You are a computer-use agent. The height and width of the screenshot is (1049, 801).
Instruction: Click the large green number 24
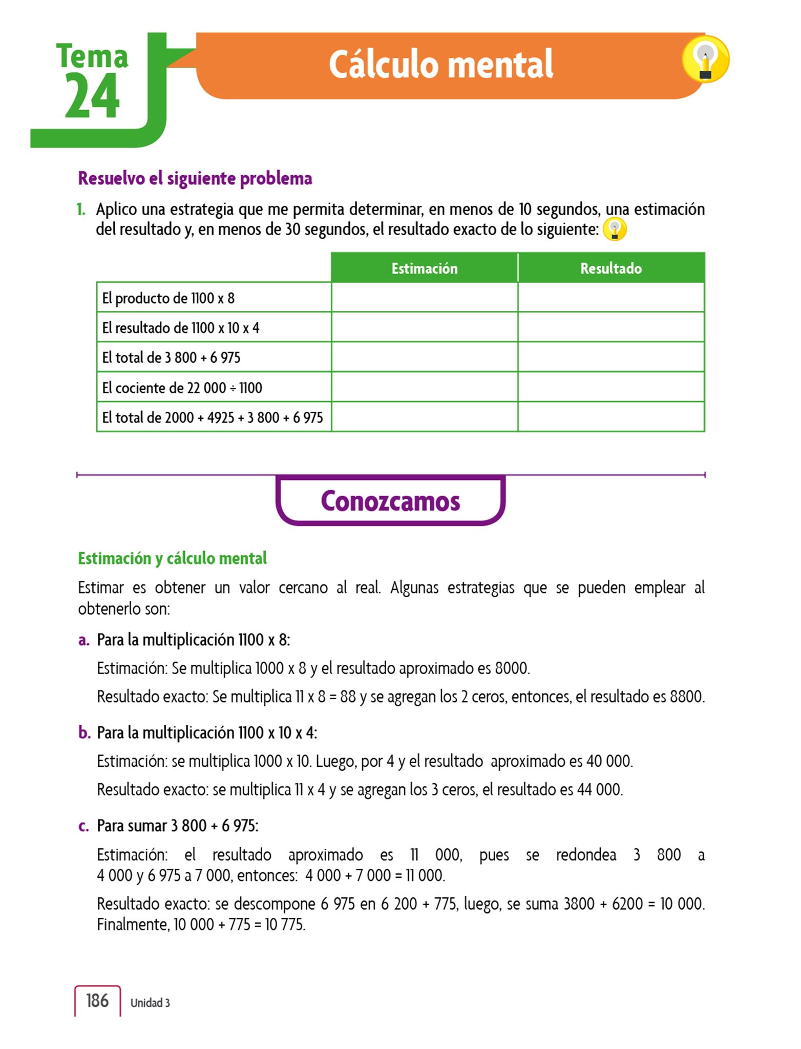click(x=92, y=96)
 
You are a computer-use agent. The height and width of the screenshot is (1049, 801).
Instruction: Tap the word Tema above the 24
click(x=92, y=56)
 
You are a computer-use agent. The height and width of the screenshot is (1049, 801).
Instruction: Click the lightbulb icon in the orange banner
click(x=705, y=59)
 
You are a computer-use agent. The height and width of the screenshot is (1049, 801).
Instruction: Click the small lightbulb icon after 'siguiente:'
click(x=615, y=229)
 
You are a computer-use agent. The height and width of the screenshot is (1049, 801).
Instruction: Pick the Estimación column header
click(x=425, y=268)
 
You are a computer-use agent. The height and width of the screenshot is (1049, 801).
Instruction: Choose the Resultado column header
click(x=611, y=268)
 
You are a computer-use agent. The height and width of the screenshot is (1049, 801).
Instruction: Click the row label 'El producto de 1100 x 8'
click(x=168, y=298)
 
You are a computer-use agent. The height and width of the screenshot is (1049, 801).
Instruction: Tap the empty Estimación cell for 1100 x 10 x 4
click(x=425, y=327)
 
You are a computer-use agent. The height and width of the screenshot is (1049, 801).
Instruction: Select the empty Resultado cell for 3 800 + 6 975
click(x=611, y=357)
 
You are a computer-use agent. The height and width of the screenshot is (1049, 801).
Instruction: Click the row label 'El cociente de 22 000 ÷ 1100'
click(x=182, y=388)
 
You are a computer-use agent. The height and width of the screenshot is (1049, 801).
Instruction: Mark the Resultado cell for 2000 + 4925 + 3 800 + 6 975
click(x=611, y=417)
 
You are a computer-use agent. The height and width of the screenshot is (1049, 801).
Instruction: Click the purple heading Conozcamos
click(x=390, y=501)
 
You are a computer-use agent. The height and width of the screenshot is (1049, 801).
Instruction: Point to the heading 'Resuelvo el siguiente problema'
click(x=195, y=179)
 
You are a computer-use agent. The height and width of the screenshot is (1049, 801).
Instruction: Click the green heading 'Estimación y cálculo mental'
click(x=173, y=558)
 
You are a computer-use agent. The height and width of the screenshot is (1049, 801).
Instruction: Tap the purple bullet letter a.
click(x=83, y=640)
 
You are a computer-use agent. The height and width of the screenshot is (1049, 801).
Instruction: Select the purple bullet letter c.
click(x=83, y=826)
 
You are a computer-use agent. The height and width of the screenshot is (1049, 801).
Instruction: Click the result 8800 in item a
click(x=686, y=697)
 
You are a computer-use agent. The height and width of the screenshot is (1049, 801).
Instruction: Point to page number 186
click(x=97, y=1001)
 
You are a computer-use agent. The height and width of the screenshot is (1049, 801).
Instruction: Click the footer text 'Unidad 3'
click(x=150, y=1003)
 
